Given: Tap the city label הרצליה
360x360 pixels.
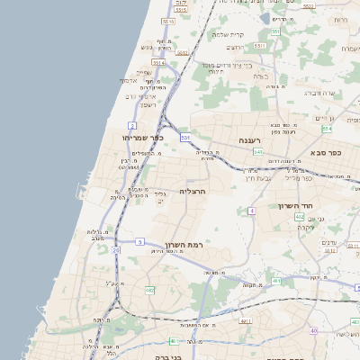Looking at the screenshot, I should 193,191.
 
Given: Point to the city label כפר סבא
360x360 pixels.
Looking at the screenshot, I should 330,153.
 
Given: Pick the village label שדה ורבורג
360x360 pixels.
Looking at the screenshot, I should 320,92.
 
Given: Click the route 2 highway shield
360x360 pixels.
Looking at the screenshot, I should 132,125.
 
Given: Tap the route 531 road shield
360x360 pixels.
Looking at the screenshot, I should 184,136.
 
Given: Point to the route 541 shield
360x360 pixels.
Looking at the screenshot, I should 257,152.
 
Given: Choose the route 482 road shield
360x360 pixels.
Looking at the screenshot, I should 149,291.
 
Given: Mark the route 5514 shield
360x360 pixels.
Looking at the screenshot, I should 158,63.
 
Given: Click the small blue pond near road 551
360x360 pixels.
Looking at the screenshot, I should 265,17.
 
